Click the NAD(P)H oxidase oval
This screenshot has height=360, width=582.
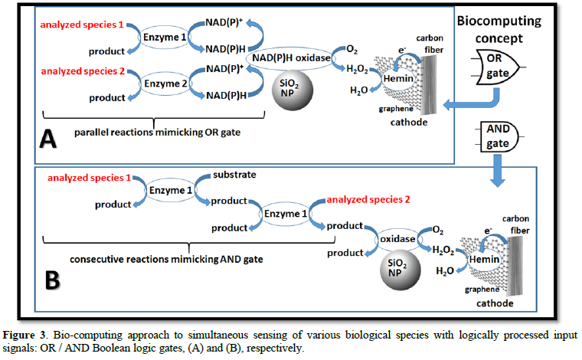coord(290,57)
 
